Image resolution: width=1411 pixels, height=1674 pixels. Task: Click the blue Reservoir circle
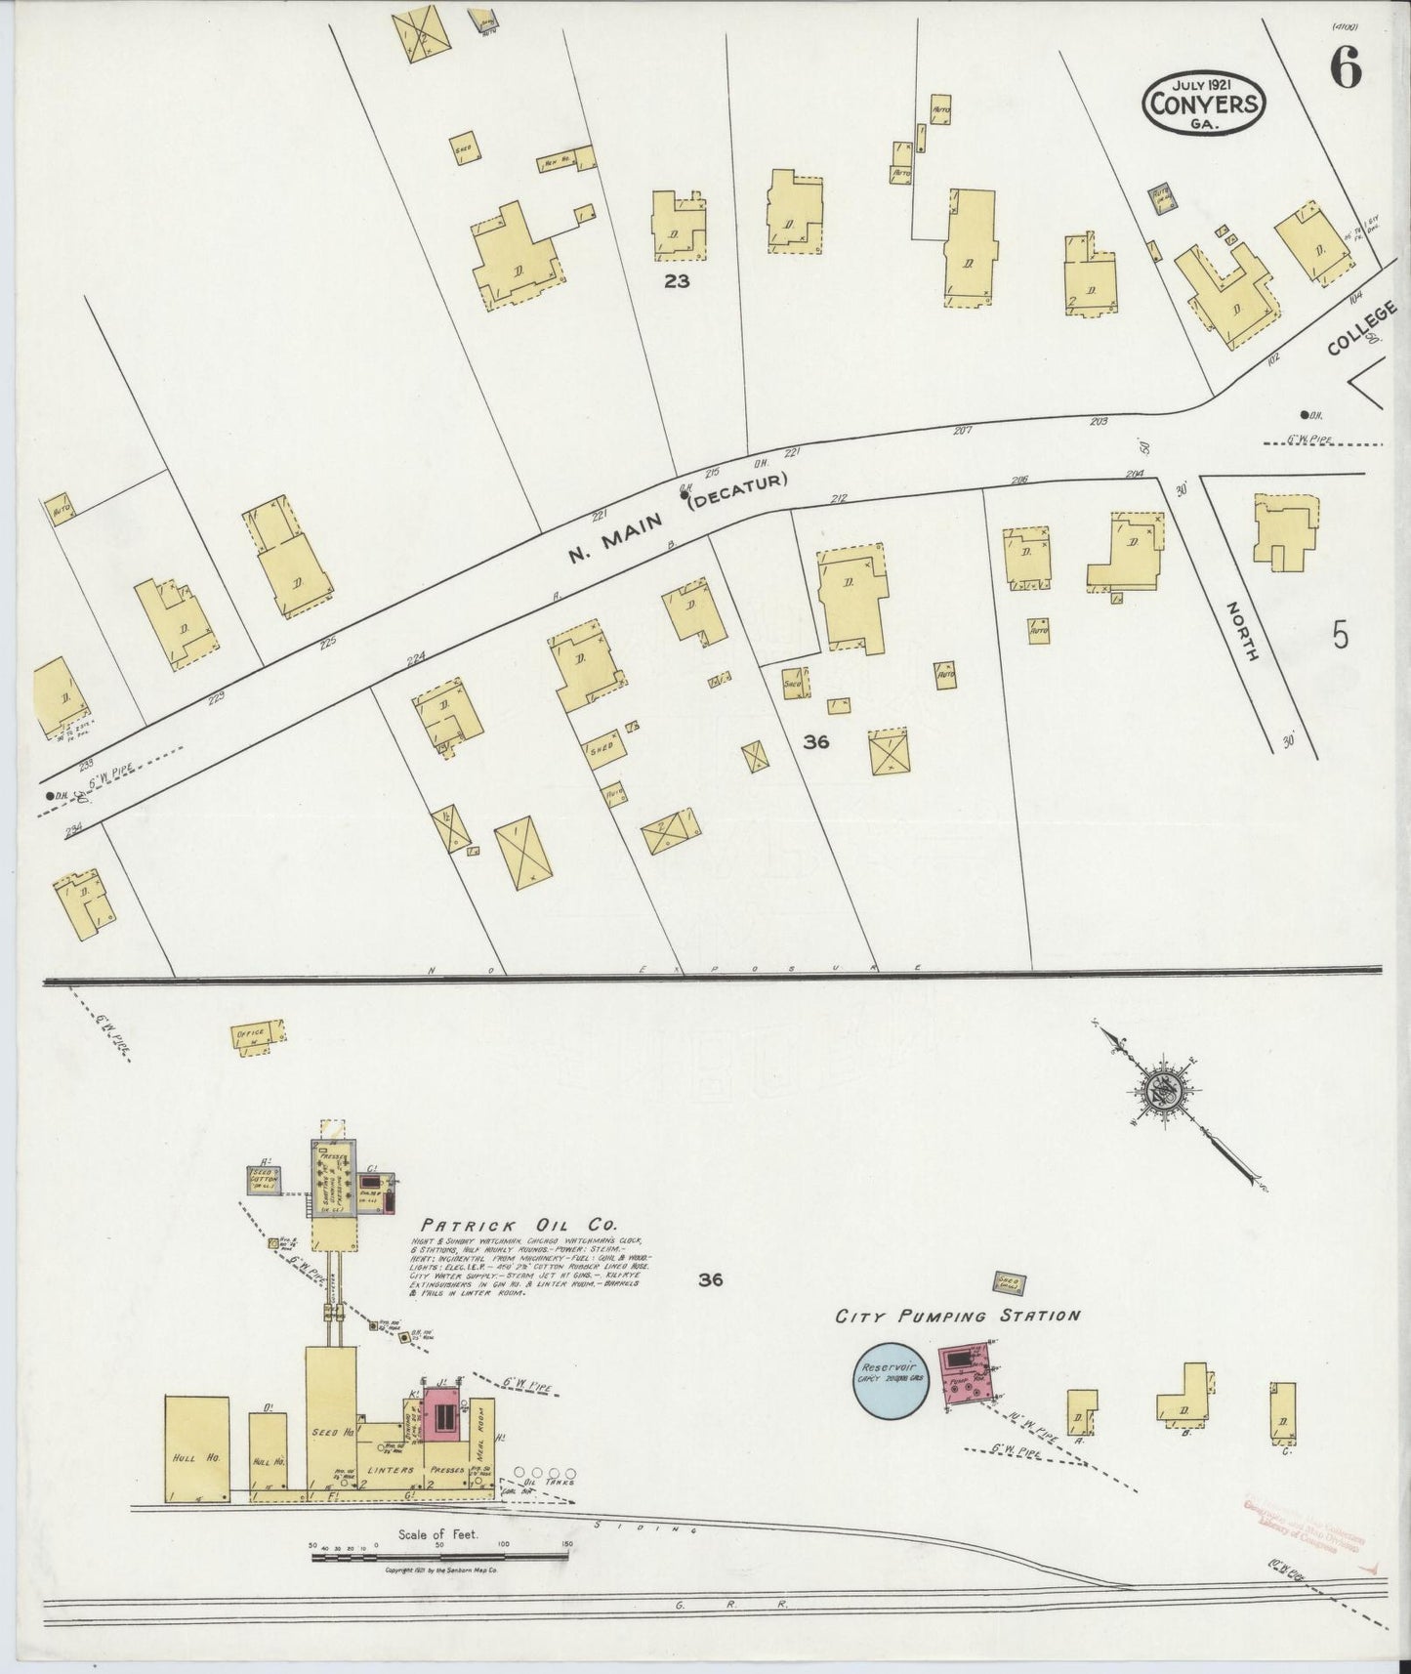pos(890,1379)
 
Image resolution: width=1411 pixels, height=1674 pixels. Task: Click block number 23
pos(677,281)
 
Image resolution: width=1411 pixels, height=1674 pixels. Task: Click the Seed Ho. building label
pos(331,1432)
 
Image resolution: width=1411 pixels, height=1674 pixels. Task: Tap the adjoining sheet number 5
pos(1340,636)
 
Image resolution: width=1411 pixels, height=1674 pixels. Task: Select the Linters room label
pos(391,1469)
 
